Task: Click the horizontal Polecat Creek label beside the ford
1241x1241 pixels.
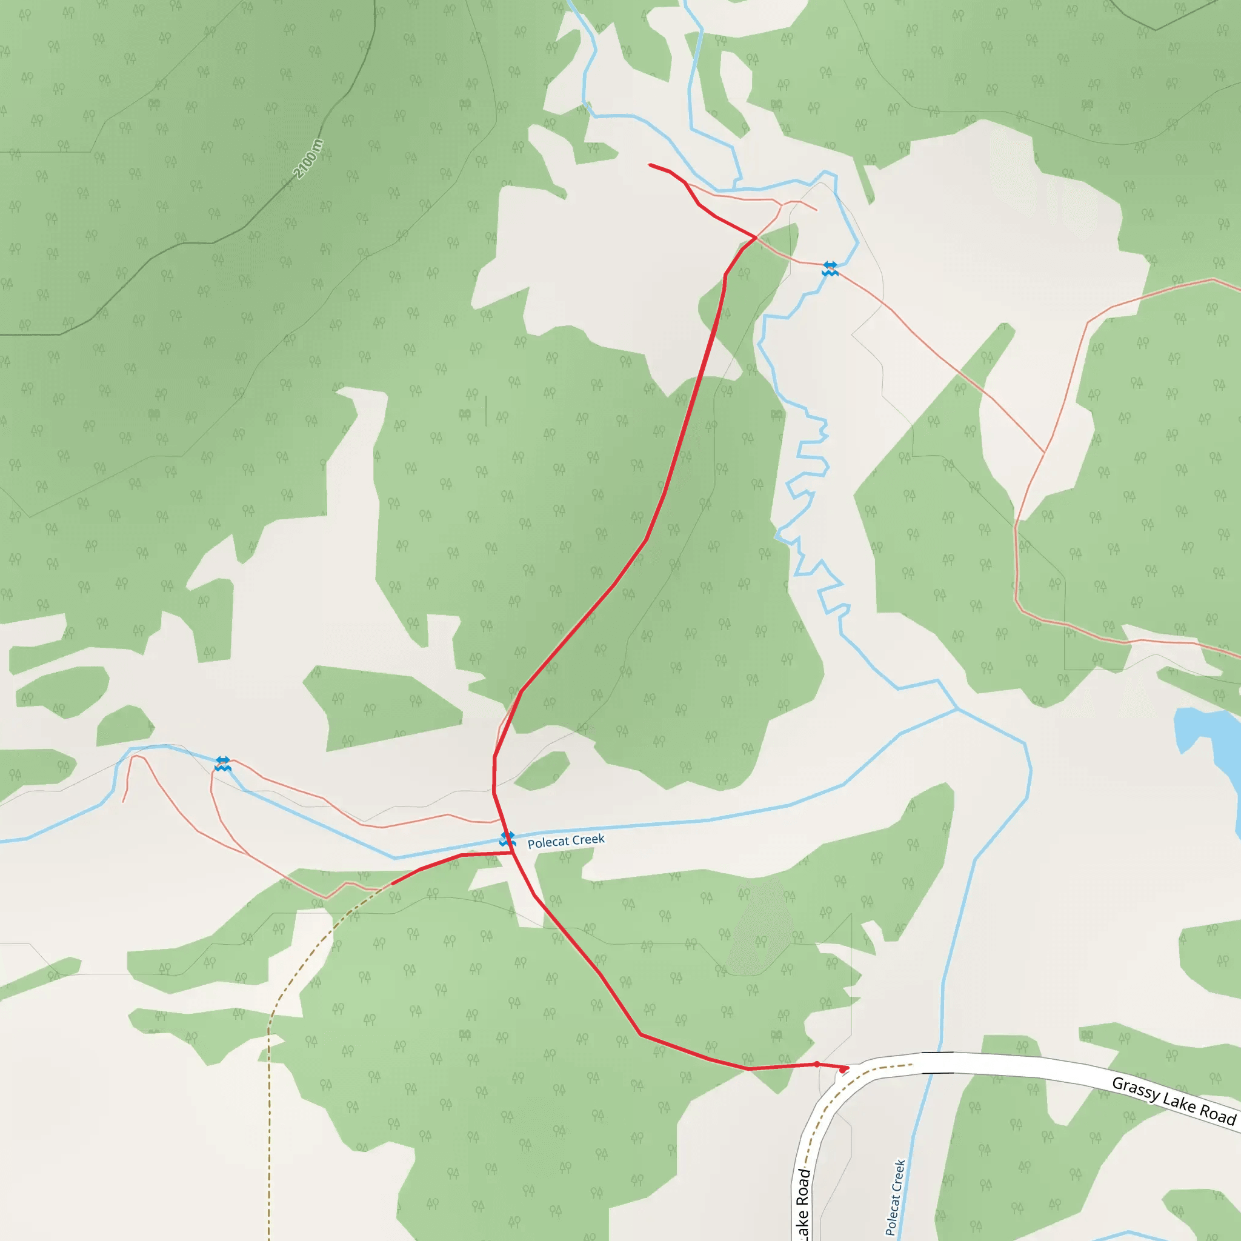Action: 566,842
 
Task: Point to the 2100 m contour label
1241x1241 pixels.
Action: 308,159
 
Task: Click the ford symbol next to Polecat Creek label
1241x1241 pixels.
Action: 507,839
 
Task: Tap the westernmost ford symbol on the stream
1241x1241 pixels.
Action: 223,764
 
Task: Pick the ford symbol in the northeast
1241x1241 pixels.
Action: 830,268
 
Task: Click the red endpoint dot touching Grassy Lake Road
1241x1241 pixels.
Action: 843,1070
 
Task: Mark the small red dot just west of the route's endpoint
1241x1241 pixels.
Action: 817,1064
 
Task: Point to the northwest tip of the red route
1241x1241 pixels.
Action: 650,165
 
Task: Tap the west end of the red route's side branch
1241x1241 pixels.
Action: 393,884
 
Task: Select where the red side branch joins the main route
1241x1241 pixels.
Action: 512,853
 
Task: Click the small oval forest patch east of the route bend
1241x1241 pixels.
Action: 542,770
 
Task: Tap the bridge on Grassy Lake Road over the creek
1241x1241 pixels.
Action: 938,1063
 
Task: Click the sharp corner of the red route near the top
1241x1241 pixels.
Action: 756,238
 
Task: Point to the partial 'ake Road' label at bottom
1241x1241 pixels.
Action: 803,1205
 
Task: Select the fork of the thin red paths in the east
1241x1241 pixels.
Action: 1045,453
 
